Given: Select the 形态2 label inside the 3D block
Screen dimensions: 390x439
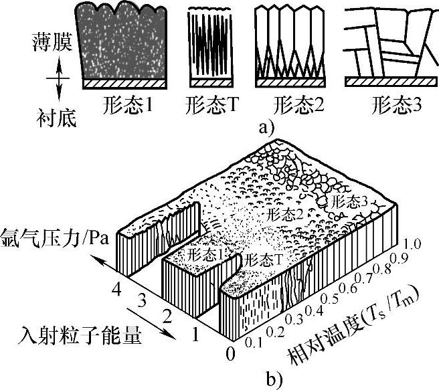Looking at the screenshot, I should [281, 215].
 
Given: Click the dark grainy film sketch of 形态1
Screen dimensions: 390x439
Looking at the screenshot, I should [124, 43].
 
